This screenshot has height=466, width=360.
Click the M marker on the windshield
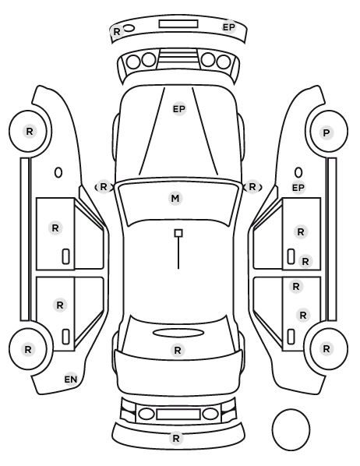coord(175,198)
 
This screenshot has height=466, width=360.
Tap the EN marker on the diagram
coord(71,380)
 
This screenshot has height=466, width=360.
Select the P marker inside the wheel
coord(326,132)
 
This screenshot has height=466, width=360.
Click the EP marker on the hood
coord(179,109)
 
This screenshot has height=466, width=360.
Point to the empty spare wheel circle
coord(291,429)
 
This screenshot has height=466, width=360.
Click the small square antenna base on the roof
coord(178,233)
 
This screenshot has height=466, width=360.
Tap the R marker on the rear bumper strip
coord(175,438)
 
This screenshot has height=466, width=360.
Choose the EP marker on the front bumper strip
coord(229,27)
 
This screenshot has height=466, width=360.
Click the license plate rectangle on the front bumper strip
coord(178,24)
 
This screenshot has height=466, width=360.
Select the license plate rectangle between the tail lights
coord(178,414)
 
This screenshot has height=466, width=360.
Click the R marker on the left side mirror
coord(103,187)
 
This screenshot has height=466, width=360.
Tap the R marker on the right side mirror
coord(252,187)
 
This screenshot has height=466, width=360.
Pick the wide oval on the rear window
coord(178,333)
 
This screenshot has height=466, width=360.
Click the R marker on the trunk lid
coord(178,350)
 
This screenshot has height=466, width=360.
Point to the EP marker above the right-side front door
coord(298,188)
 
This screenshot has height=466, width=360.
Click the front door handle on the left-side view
coord(65,256)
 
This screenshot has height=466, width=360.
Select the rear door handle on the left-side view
coord(65,337)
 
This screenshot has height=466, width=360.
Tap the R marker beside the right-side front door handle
coord(305,262)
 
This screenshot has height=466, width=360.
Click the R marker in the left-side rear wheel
coord(28,349)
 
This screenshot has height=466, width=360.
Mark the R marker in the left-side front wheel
coord(29,131)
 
